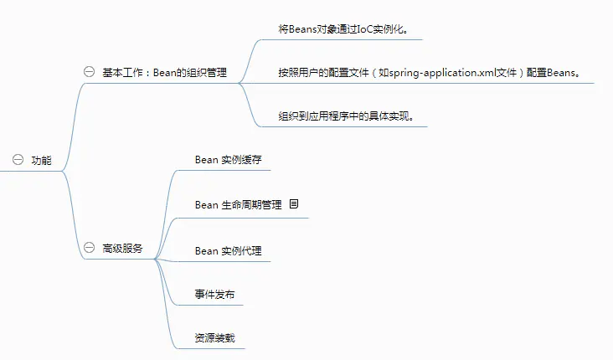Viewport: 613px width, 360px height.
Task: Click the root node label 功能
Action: [41, 160]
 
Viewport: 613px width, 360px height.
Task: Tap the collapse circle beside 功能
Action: [18, 160]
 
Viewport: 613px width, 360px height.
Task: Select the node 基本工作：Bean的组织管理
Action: [164, 72]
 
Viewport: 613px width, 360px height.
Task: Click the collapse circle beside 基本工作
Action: [90, 72]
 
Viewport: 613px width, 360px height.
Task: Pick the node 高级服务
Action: [122, 249]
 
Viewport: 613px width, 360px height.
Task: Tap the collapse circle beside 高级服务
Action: [90, 249]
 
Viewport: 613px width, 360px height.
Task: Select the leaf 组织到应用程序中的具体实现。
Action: [347, 116]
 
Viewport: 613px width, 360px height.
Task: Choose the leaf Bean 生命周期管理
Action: [238, 204]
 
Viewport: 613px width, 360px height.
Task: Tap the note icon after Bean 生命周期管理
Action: [294, 203]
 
